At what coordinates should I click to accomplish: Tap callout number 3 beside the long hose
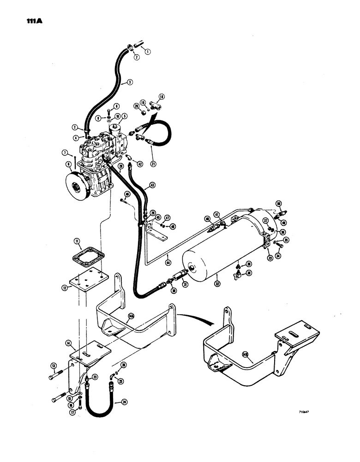(x=130, y=82)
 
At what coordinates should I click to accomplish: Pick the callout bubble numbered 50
(x=278, y=204)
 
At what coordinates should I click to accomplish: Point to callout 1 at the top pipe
(x=147, y=52)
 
